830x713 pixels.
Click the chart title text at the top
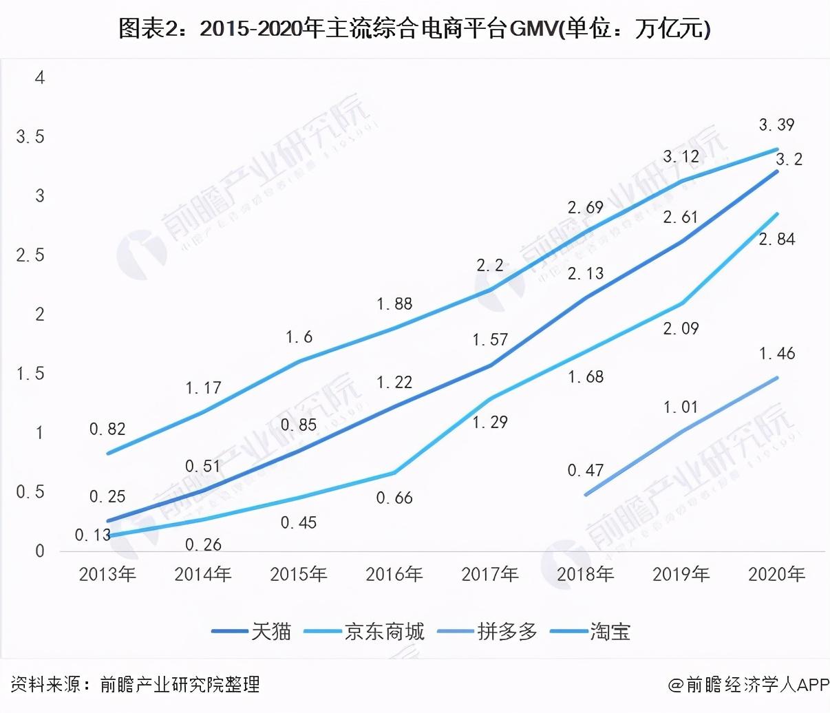tap(414, 29)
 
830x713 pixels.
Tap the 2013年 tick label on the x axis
tap(107, 574)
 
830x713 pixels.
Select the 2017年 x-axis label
tap(490, 574)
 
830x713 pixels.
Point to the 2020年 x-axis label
tap(776, 574)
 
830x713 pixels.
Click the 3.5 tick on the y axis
tap(30, 137)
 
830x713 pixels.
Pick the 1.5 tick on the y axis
tap(30, 374)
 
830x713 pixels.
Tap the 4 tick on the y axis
tap(40, 78)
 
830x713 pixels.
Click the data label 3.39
tap(776, 125)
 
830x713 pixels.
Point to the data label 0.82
tap(107, 429)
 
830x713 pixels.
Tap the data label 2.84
tap(776, 239)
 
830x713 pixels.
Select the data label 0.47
tap(586, 471)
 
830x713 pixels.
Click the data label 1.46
tap(776, 354)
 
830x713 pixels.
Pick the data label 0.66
tap(394, 498)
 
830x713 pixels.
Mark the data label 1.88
tap(394, 304)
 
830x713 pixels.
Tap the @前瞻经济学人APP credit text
tap(747, 684)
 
